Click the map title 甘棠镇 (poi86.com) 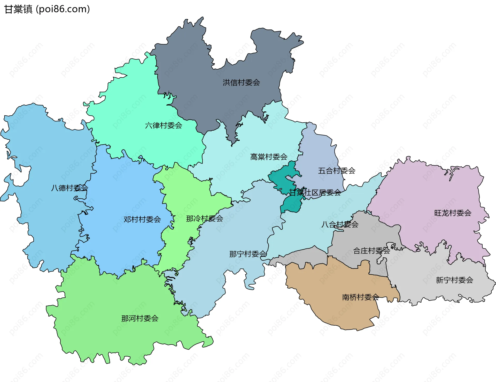pos(47,9)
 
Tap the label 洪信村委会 pos(241,83)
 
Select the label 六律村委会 pos(164,125)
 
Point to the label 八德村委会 pos(69,188)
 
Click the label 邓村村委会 pos(142,219)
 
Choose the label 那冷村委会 pos(204,219)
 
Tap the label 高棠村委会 pos(269,157)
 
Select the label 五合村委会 pos(336,171)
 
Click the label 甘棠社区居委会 pos(315,192)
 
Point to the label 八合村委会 pos(340,224)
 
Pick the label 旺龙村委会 pos(453,213)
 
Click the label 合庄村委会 pos(371,251)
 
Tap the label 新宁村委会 pos(454,280)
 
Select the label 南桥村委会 pos(360,297)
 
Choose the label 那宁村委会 pos(248,254)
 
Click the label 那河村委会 pos(140,318)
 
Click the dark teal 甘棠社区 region pos(280,178)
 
